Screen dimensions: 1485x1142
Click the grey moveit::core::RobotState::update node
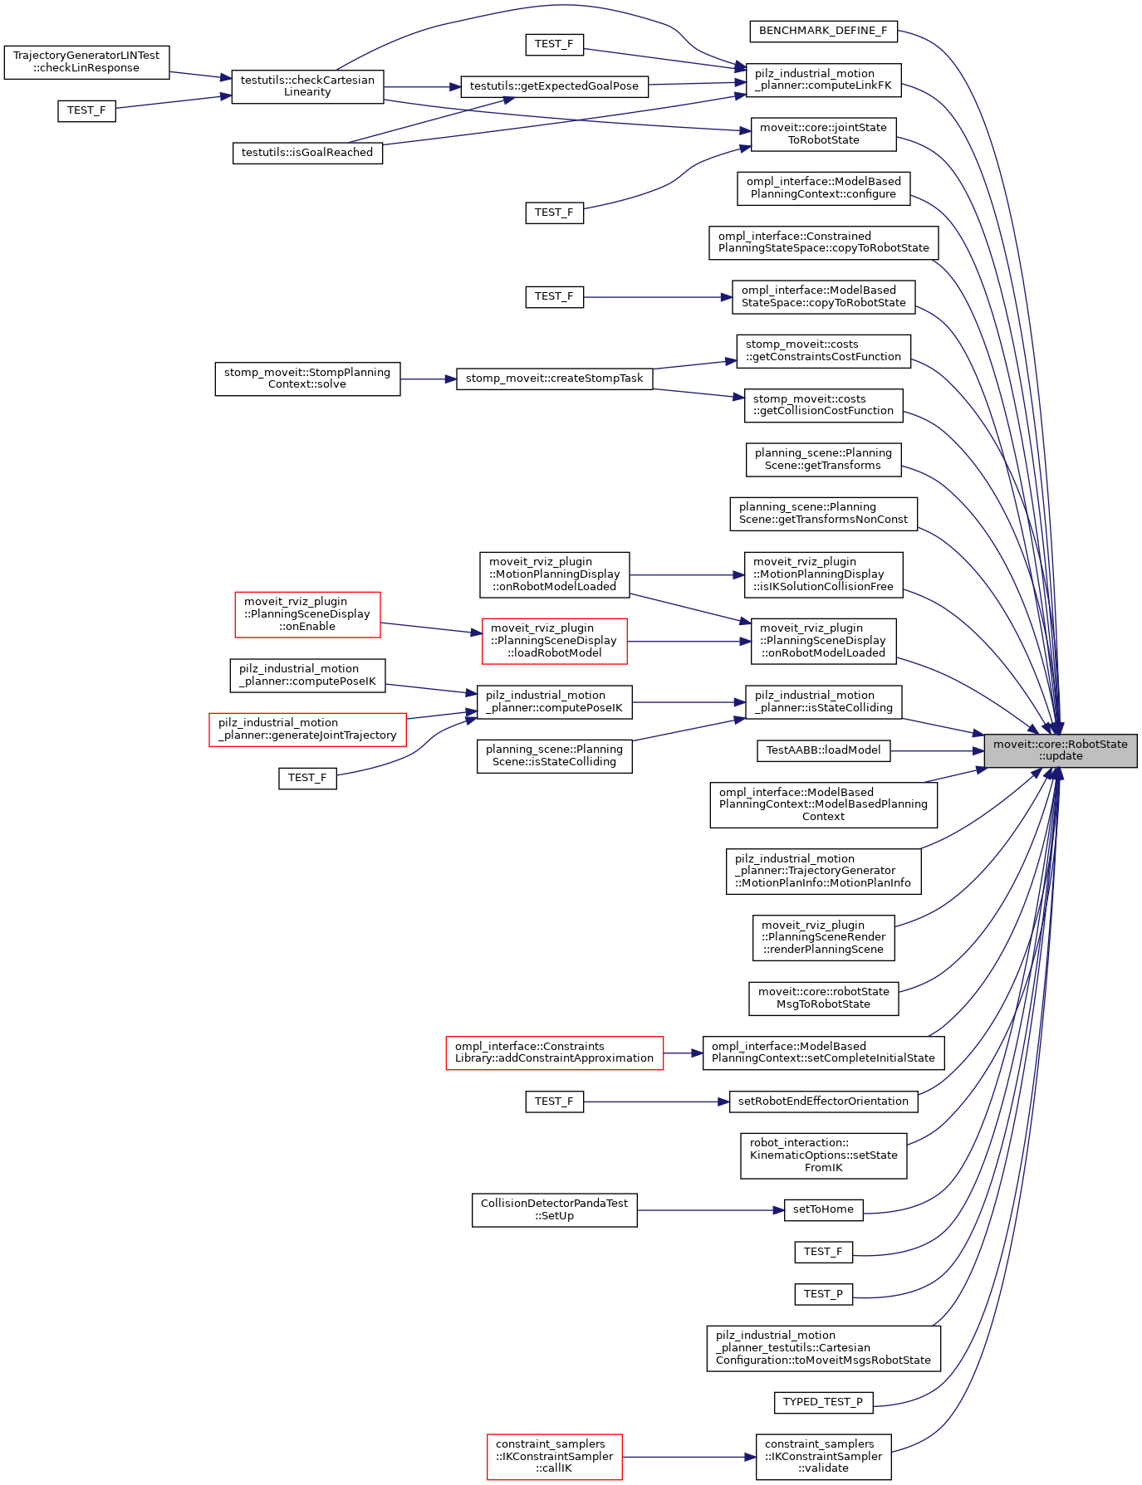[x=1060, y=750]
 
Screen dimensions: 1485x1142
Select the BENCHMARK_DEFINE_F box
[x=823, y=32]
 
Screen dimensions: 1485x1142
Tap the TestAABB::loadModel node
[x=823, y=750]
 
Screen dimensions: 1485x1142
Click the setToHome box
[x=823, y=1209]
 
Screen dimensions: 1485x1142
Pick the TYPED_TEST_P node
[x=823, y=1402]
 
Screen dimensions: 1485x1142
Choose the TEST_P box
[x=823, y=1294]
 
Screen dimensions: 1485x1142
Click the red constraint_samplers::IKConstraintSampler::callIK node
[x=554, y=1457]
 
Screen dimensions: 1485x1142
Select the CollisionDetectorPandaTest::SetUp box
[x=554, y=1210]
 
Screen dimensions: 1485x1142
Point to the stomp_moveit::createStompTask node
[x=554, y=379]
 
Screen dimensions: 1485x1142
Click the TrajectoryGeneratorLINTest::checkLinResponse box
[x=86, y=62]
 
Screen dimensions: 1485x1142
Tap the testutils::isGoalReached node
[x=307, y=153]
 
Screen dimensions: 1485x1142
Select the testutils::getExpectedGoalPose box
[x=554, y=86]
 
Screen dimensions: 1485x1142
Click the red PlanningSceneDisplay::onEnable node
[x=307, y=614]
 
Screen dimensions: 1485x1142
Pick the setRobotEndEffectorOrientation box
[x=823, y=1102]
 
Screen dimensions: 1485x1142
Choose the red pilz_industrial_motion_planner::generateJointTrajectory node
[x=307, y=730]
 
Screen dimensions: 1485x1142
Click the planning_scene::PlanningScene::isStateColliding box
[x=554, y=755]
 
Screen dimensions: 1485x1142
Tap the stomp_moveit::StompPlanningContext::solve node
[x=307, y=379]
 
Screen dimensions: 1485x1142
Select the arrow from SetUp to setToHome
[x=710, y=1210]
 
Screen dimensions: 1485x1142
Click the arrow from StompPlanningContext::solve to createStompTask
[x=428, y=379]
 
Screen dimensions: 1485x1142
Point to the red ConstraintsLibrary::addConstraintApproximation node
[x=554, y=1053]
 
